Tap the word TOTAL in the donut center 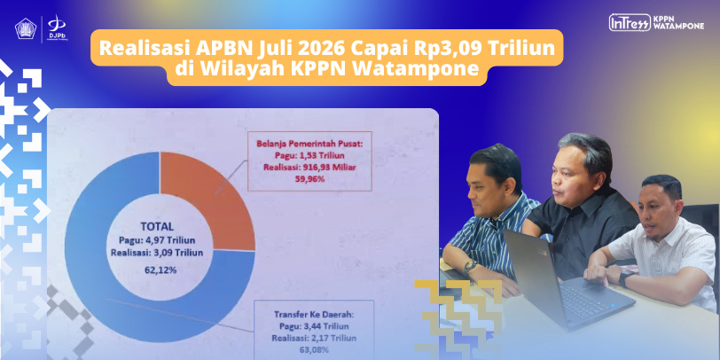[x=158, y=226]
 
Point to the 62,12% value [x=160, y=270]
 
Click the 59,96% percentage [x=309, y=179]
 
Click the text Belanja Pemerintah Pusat [x=309, y=144]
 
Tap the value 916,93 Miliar [x=329, y=167]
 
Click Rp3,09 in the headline [x=451, y=49]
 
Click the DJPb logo [x=56, y=29]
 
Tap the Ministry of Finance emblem [x=25, y=29]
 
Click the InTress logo [x=630, y=22]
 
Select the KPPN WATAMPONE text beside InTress [x=677, y=22]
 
